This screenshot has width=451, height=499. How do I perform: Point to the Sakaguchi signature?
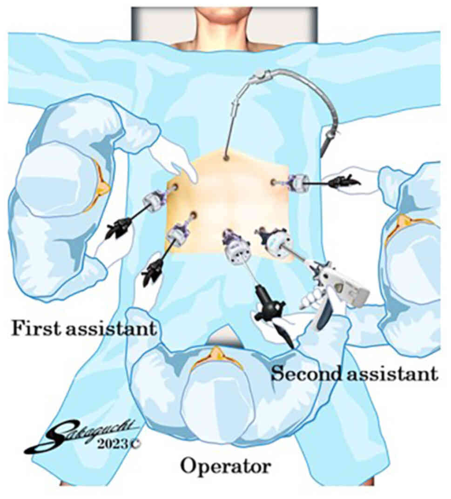pos(79,433)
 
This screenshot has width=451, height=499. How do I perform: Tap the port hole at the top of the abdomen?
pos(226,158)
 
